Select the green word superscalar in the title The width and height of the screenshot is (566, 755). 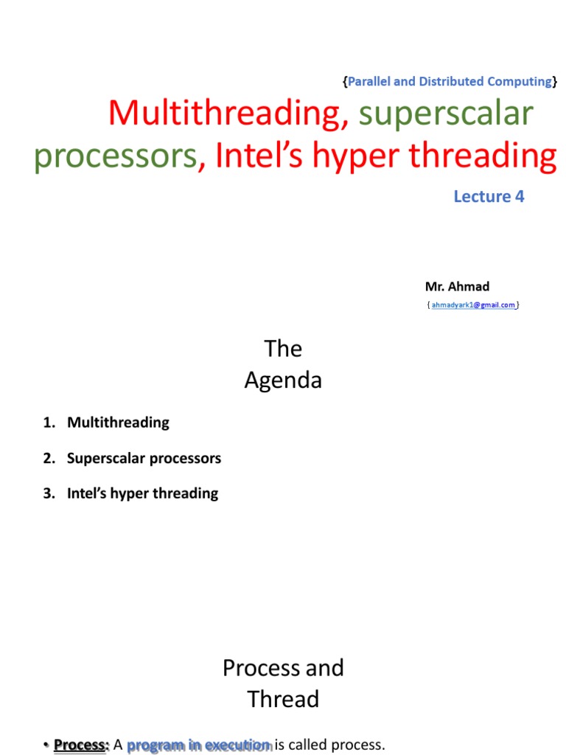point(446,114)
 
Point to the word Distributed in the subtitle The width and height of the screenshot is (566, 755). point(451,81)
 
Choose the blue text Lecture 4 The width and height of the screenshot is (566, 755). point(489,196)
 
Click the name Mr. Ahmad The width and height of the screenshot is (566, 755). point(457,286)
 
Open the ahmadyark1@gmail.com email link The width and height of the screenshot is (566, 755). point(473,305)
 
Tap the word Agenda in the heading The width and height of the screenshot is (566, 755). point(283,380)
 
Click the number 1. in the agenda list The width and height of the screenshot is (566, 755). point(49,422)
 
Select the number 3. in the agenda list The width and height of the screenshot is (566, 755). point(49,493)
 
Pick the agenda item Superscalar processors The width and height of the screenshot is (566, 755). point(144,458)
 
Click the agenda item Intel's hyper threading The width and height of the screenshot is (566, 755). point(142,493)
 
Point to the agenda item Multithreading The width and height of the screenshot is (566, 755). point(118,422)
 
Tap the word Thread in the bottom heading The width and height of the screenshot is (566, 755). point(283,699)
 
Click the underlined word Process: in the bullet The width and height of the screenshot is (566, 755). point(81,745)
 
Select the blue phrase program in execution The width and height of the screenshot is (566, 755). point(199,745)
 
